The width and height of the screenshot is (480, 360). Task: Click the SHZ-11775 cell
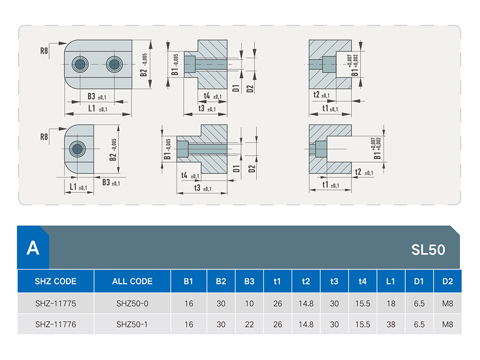click(55, 303)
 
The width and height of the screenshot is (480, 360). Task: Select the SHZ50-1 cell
click(132, 324)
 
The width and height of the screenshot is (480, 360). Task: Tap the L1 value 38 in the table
click(391, 324)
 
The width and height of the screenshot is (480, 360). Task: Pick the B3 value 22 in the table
click(249, 324)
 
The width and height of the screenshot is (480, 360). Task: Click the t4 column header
click(363, 281)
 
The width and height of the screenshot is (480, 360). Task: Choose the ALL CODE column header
click(132, 281)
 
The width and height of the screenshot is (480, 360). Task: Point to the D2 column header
click(447, 281)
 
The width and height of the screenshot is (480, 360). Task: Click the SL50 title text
click(428, 250)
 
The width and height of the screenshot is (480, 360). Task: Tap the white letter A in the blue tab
click(33, 248)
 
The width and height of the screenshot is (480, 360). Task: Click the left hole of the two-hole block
click(80, 65)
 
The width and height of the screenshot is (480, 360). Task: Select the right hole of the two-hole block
click(114, 65)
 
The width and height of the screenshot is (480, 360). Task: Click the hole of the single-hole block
click(77, 149)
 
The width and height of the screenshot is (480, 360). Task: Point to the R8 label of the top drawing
click(44, 51)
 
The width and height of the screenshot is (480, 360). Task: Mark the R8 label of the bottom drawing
click(44, 137)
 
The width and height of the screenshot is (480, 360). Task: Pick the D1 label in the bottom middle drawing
click(236, 169)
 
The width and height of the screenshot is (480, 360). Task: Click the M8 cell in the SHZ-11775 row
click(447, 303)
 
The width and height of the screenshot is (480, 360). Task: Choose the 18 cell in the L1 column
click(391, 303)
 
